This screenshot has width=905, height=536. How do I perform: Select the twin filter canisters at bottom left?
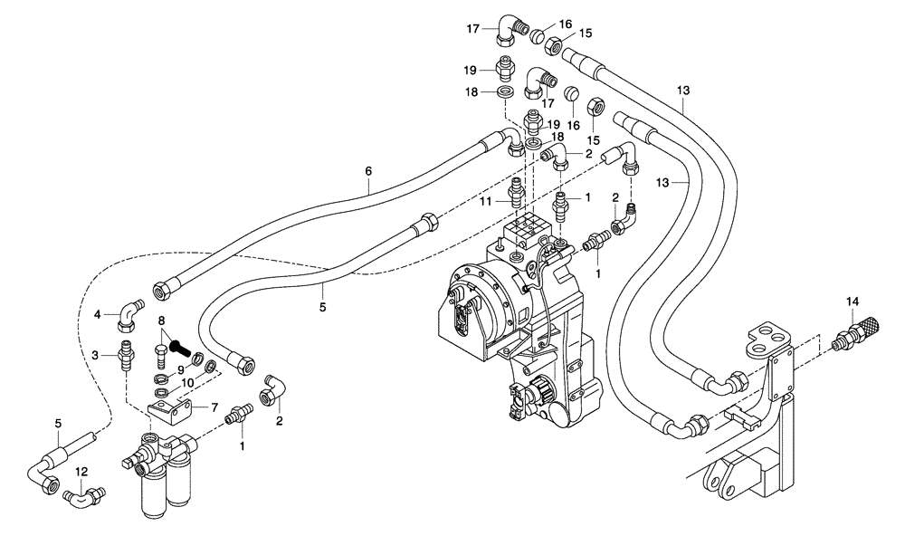click(x=167, y=475)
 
